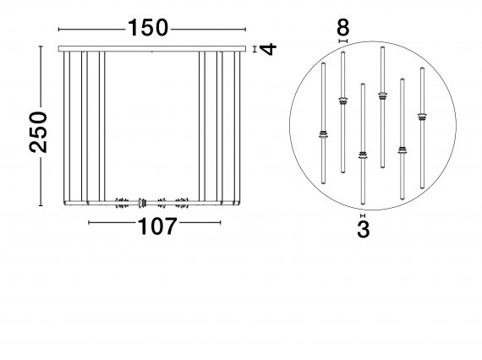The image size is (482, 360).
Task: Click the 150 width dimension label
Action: click(148, 28)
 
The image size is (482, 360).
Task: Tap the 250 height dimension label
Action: click(38, 132)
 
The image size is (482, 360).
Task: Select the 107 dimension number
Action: click(157, 226)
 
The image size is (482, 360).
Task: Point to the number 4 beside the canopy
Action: click(268, 49)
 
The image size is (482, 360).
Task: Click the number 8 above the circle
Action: click(343, 27)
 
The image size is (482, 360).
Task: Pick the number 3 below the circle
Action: click(364, 229)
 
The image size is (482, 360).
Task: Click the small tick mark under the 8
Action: click(343, 41)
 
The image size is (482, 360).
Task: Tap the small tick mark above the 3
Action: click(363, 215)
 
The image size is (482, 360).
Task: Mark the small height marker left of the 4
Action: click(255, 49)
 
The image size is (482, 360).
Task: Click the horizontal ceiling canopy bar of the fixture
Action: click(152, 49)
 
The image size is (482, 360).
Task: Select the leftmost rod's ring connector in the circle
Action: click(323, 134)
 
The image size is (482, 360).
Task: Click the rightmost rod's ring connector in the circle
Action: click(422, 117)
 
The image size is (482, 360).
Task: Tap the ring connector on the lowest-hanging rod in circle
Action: click(363, 155)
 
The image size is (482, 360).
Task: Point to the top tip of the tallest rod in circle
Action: click(382, 46)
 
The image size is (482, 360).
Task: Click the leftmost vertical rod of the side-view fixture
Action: click(67, 128)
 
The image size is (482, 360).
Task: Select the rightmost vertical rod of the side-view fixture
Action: click(237, 128)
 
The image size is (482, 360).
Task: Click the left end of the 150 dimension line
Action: click(58, 30)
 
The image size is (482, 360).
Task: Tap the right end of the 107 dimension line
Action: click(220, 222)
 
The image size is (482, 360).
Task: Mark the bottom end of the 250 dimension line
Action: click(41, 205)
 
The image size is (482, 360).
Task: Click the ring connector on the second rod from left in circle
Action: click(342, 101)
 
